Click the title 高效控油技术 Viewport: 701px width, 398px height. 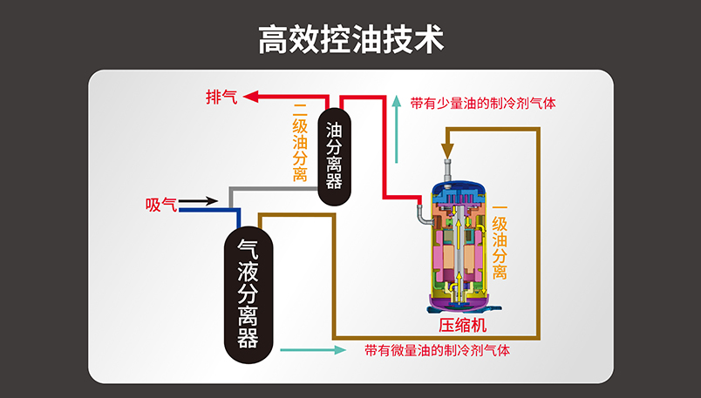[x=350, y=39]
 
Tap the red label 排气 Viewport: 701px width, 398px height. [x=221, y=96]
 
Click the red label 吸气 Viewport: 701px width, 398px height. [x=161, y=206]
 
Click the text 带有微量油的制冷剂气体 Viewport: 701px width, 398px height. [x=437, y=350]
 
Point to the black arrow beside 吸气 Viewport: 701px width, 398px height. [x=200, y=201]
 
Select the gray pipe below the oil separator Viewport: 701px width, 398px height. [x=262, y=189]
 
